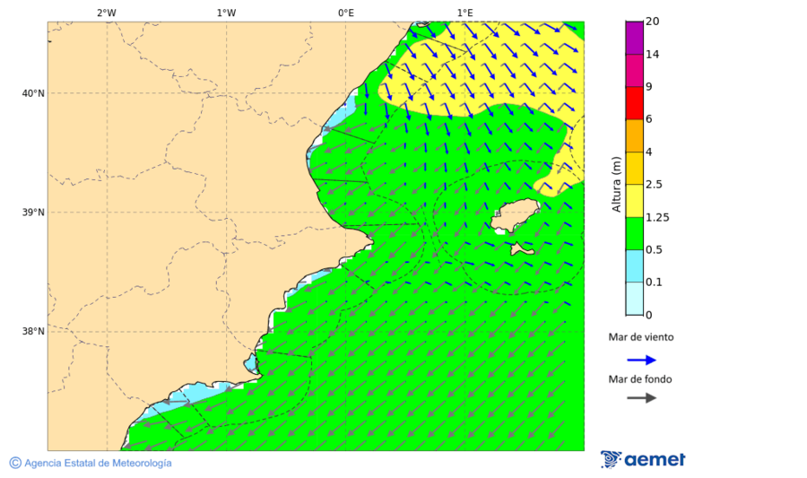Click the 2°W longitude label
[106, 13]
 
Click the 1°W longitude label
[226, 13]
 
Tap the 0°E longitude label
[345, 13]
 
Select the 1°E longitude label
[464, 13]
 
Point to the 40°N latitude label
[32, 93]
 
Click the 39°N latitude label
[32, 213]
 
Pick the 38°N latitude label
[32, 332]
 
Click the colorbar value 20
[652, 22]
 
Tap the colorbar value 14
[652, 55]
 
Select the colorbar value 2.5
[655, 185]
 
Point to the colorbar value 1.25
[657, 217]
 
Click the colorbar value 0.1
[655, 282]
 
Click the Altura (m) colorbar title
[616, 184]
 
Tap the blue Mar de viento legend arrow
[641, 361]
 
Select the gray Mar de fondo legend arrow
[641, 397]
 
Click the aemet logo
[643, 459]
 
